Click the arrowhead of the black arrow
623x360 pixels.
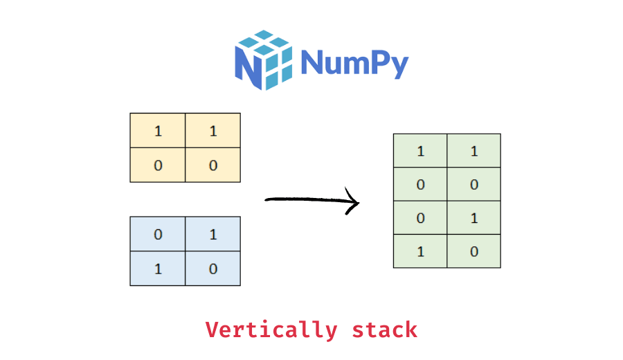tap(355, 203)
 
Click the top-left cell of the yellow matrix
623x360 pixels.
tap(158, 131)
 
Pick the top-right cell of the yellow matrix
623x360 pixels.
tap(213, 131)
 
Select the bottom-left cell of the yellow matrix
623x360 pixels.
tap(158, 165)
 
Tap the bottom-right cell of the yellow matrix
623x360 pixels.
tap(213, 165)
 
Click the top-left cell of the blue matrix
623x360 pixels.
tap(158, 234)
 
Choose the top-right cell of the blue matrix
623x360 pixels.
tap(213, 234)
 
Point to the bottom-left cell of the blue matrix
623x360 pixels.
tap(158, 269)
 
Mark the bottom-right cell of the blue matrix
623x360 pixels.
tap(213, 269)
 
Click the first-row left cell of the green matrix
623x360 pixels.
tap(420, 151)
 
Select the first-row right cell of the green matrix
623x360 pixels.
tap(473, 151)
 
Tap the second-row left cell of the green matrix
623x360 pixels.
tap(420, 185)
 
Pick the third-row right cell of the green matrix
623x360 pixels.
tap(473, 218)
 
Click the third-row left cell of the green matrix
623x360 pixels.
tap(420, 218)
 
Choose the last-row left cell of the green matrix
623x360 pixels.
tap(420, 251)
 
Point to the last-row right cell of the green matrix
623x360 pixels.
tap(473, 251)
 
